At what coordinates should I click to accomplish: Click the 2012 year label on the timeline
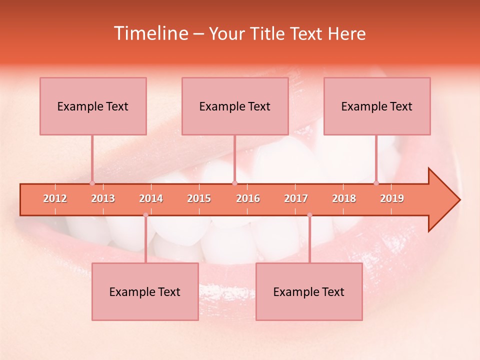click(x=55, y=198)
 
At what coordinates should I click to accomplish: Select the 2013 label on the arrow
click(x=103, y=198)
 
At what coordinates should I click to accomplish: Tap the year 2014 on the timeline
click(x=151, y=198)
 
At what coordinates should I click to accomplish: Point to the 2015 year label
click(x=199, y=198)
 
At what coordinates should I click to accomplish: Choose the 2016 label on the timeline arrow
click(x=248, y=198)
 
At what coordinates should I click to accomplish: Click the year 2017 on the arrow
click(x=296, y=198)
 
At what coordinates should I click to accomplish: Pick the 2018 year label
click(x=344, y=198)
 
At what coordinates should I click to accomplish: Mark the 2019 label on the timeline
click(x=392, y=198)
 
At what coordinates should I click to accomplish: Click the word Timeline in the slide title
click(x=150, y=33)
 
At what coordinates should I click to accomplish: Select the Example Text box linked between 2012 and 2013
click(x=93, y=106)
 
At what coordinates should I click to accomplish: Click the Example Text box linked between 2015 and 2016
click(x=235, y=106)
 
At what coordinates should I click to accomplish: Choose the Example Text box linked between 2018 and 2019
click(x=377, y=106)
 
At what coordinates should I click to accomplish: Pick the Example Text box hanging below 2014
click(x=145, y=291)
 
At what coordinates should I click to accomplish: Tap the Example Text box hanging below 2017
click(x=309, y=291)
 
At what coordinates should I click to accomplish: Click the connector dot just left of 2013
click(x=92, y=183)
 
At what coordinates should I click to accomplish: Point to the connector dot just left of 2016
click(x=234, y=183)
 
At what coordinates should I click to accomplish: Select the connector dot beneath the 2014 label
click(x=145, y=215)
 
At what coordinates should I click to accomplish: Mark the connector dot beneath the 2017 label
click(x=309, y=215)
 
